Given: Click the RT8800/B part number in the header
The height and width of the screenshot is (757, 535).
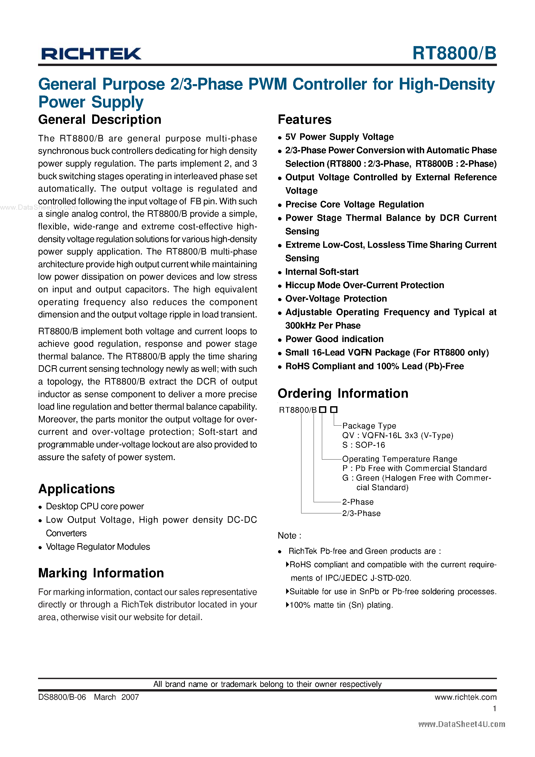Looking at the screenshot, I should (x=454, y=53).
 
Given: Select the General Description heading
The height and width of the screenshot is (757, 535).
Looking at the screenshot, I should (x=100, y=120).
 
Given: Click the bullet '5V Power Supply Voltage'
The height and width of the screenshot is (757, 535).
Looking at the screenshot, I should (x=339, y=137).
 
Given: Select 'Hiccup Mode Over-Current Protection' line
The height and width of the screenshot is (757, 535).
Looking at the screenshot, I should (x=364, y=285).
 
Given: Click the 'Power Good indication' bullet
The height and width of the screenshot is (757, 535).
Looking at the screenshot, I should (x=334, y=339).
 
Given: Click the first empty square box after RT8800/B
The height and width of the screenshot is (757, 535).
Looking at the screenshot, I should (x=323, y=410).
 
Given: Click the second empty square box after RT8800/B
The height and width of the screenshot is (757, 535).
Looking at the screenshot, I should (x=334, y=410).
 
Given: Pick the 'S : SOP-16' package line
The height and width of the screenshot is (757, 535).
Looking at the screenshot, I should (x=363, y=445).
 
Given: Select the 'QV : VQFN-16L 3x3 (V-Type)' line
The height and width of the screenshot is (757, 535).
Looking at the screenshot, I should (x=397, y=435).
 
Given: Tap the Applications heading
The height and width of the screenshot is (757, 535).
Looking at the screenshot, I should (x=77, y=489).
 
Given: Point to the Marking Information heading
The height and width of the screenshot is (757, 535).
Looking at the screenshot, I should (x=101, y=573).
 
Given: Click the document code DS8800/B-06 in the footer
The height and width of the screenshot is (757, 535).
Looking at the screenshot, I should (x=62, y=697).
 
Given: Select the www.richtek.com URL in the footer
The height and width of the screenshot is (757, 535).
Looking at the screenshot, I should (x=465, y=697).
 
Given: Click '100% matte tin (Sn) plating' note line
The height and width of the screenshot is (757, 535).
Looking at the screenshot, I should (x=341, y=605).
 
